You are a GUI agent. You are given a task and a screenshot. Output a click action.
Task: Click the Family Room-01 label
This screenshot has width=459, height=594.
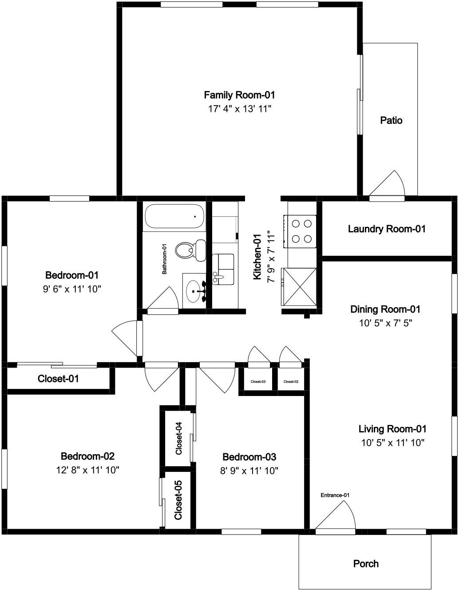click(x=239, y=95)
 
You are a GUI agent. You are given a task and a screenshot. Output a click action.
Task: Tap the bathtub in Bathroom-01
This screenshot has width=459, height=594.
click(x=174, y=216)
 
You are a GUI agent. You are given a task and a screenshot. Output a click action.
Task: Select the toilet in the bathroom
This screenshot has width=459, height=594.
click(x=191, y=250)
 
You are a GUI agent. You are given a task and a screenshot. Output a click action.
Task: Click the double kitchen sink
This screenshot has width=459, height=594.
click(x=223, y=269)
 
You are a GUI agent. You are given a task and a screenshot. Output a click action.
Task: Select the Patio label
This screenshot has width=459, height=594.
click(x=391, y=120)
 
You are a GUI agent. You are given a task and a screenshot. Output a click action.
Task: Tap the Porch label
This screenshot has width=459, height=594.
click(x=366, y=564)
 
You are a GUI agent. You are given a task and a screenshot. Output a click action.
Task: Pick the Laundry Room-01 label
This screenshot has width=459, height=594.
click(x=387, y=229)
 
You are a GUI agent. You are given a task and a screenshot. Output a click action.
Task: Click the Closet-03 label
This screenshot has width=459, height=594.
click(x=258, y=382)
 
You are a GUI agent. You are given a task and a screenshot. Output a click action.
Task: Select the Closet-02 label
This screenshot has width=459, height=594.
click(x=291, y=382)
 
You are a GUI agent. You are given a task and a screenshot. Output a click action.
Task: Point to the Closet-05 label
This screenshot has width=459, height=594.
click(x=178, y=500)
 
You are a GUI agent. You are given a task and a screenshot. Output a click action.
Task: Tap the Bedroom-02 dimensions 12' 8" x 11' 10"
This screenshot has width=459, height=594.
click(x=88, y=470)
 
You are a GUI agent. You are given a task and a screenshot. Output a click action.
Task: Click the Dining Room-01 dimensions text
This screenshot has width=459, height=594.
click(x=385, y=323)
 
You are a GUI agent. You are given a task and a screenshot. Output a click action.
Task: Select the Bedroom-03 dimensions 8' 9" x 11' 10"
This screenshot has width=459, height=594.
click(x=249, y=471)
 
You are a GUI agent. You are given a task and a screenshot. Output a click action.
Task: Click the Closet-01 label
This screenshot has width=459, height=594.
click(x=58, y=379)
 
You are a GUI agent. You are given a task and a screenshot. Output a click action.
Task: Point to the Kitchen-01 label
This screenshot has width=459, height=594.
click(x=257, y=257)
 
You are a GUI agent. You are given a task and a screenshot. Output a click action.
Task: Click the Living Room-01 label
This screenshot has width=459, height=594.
click(x=392, y=429)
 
